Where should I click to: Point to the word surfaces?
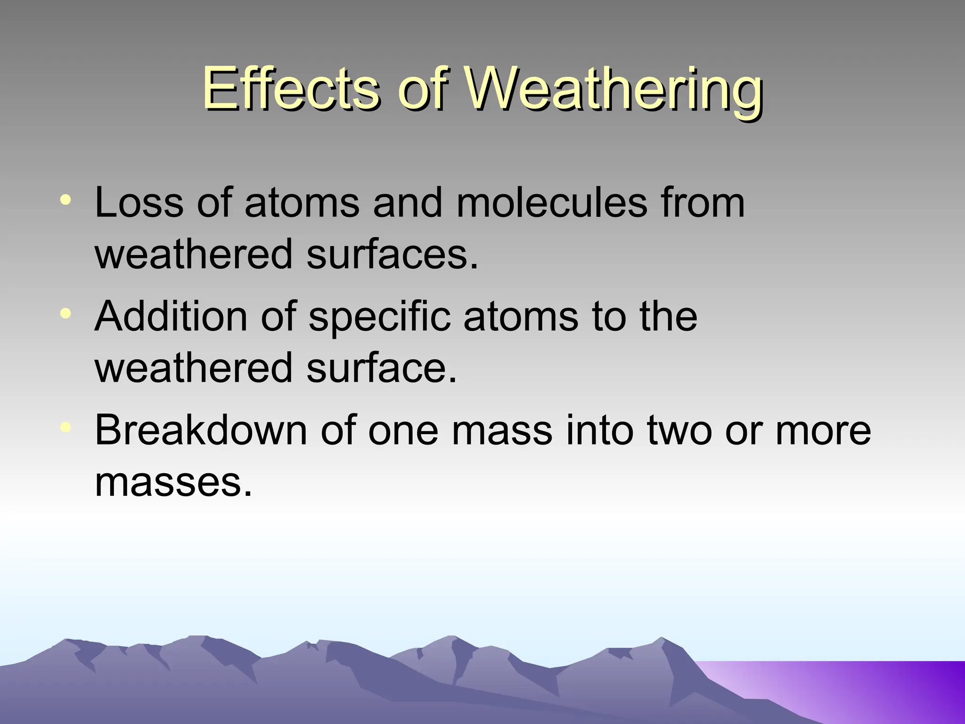coord(392,255)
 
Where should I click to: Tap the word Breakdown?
coord(201,430)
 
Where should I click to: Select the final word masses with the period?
coord(173,483)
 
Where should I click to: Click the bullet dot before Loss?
coord(66,199)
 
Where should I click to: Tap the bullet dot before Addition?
coord(66,313)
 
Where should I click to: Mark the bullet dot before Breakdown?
coord(66,427)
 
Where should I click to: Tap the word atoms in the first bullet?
coord(302,203)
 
